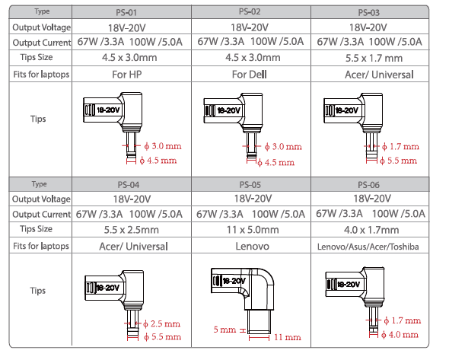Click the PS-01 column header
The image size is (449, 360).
click(x=126, y=13)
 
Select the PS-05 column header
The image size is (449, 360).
click(x=250, y=185)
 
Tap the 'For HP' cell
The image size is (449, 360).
click(x=127, y=75)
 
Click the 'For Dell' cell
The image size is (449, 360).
click(x=249, y=75)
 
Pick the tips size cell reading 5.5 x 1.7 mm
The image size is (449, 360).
click(x=374, y=58)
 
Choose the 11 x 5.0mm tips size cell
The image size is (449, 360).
click(x=253, y=230)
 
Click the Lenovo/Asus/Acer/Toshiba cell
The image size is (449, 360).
click(x=368, y=247)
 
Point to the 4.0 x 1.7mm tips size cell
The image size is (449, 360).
click(x=371, y=230)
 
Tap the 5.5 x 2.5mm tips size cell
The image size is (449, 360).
click(x=131, y=230)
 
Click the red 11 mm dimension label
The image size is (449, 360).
click(x=288, y=337)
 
